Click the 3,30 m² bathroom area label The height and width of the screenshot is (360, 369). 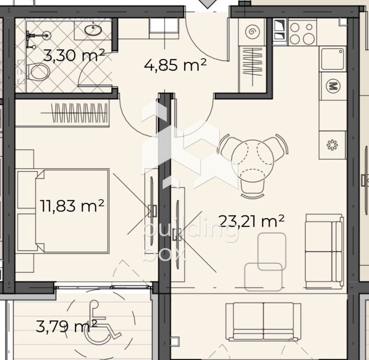[x=74, y=55]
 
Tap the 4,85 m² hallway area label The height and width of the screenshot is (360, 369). [x=175, y=65]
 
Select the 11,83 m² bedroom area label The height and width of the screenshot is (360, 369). [x=72, y=205]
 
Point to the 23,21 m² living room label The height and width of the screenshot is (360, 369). [x=252, y=221]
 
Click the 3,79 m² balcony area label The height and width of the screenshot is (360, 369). [x=66, y=327]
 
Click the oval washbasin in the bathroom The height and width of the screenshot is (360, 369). [x=93, y=30]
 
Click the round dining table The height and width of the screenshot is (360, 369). [x=253, y=156]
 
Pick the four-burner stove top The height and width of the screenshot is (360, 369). [x=303, y=33]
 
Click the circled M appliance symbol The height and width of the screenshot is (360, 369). [x=333, y=86]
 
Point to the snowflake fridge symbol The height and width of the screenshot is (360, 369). [x=332, y=145]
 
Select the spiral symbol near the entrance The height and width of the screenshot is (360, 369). [x=252, y=31]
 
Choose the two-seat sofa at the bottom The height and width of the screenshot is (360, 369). [x=263, y=321]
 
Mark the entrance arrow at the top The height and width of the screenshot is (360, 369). [x=207, y=4]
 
